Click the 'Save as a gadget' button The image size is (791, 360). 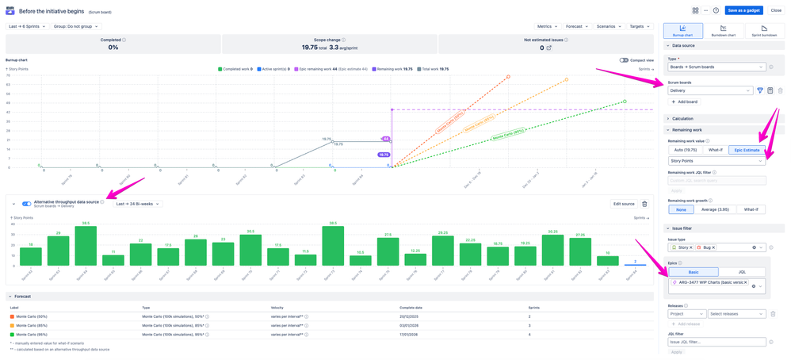click(743, 10)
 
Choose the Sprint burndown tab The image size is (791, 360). click(764, 31)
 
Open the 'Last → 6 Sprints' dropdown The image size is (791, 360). click(27, 26)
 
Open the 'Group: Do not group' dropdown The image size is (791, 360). click(76, 26)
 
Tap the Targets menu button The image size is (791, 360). click(639, 26)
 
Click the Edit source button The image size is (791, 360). click(623, 204)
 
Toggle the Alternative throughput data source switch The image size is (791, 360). click(27, 204)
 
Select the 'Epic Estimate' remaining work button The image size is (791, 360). click(747, 149)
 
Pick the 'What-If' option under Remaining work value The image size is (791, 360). click(716, 149)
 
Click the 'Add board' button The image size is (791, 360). click(686, 102)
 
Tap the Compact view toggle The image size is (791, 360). click(624, 60)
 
